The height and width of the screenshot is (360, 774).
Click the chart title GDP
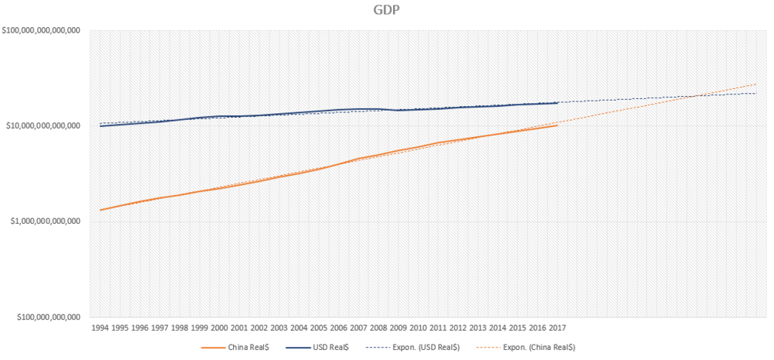point(385,11)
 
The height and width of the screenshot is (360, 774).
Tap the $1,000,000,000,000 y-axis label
point(45,221)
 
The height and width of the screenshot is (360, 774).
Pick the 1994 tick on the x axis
point(100,327)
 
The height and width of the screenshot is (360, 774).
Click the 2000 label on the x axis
point(219,327)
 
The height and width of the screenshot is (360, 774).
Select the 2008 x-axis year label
point(378,327)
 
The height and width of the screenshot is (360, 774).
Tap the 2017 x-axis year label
point(557,327)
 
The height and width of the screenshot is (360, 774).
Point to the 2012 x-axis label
point(457,327)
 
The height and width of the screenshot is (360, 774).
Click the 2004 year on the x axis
point(299,327)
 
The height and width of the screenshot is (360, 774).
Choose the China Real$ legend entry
point(235,347)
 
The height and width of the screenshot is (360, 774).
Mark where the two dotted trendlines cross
point(699,96)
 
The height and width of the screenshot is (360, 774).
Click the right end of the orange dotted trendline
point(756,84)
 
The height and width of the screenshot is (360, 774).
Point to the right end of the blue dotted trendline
point(756,94)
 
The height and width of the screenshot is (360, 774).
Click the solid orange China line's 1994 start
point(101,210)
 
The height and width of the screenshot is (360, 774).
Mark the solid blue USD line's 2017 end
point(557,103)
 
